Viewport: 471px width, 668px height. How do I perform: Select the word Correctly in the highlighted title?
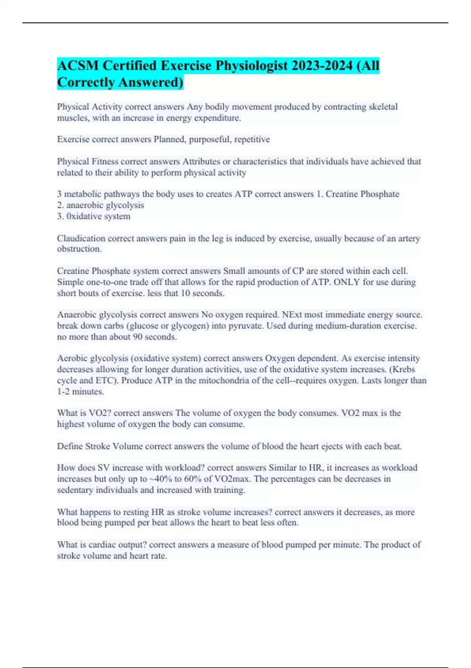(x=86, y=82)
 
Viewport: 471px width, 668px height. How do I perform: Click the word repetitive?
(x=252, y=139)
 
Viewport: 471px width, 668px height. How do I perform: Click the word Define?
(x=70, y=446)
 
